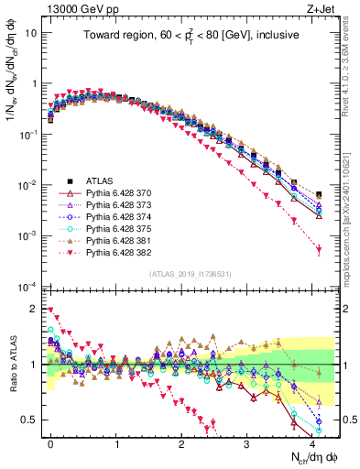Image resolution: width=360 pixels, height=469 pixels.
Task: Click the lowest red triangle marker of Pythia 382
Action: [x=319, y=249]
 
